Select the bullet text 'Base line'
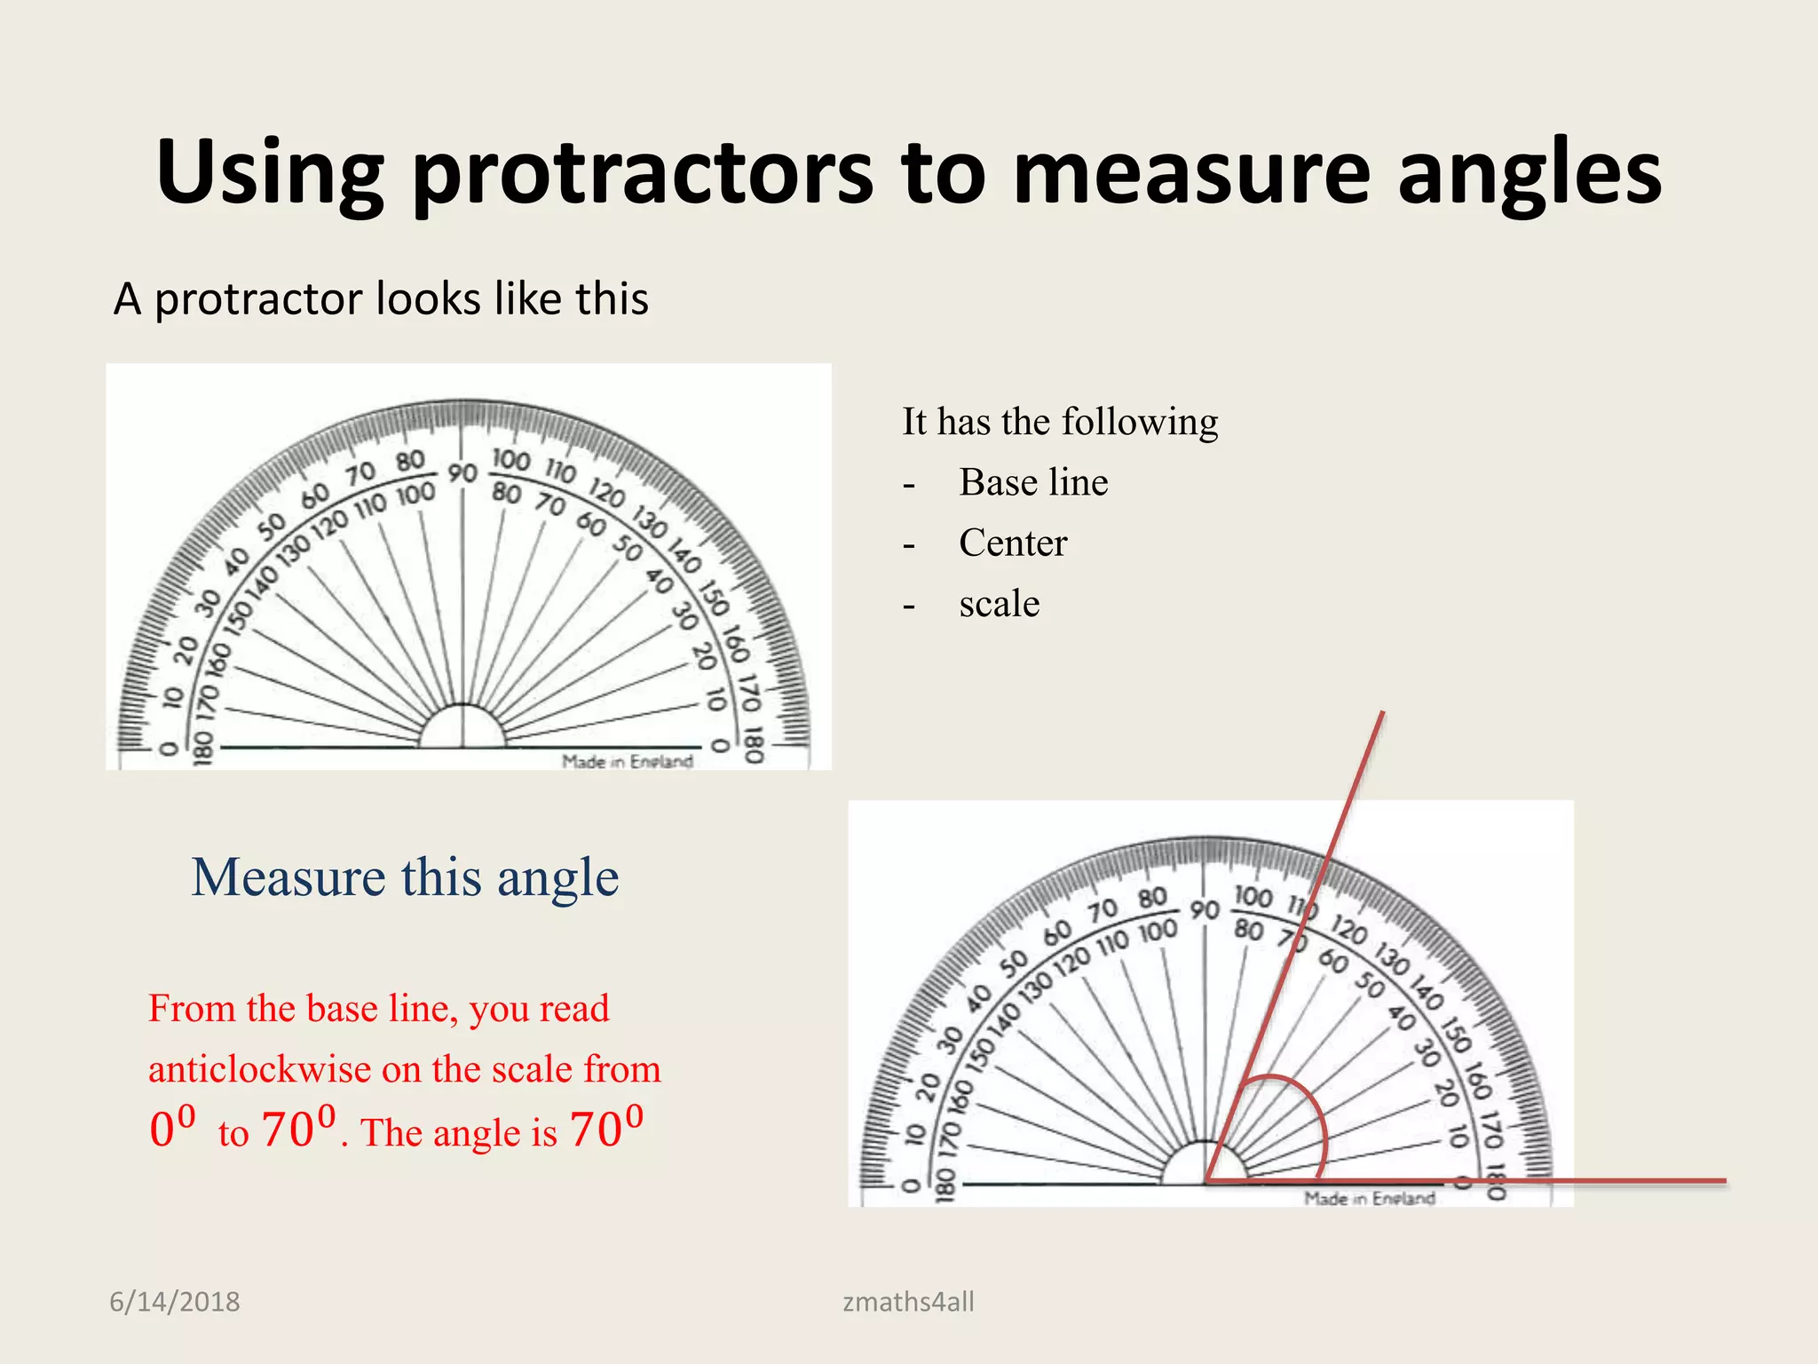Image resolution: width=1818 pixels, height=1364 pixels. pos(1033,482)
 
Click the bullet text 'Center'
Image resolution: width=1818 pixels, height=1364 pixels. pos(1013,543)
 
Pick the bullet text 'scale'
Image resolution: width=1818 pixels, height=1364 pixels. pos(999,604)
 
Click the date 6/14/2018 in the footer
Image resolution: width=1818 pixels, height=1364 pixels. pos(174,1302)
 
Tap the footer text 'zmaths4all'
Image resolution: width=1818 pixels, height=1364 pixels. pos(908,1302)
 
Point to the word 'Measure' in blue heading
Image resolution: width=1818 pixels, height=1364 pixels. pos(288,877)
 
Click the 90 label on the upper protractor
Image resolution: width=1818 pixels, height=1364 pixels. pos(462,473)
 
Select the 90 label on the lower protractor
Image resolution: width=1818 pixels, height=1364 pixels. pos(1205,910)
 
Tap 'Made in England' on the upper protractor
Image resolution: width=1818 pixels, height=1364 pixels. pos(627,761)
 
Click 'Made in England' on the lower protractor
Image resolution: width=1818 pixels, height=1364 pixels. pos(1369,1198)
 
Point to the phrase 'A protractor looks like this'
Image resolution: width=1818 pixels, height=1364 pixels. pos(381,298)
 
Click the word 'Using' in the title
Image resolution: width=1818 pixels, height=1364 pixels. pos(269,173)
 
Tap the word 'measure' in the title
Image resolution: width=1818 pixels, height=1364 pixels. pos(1191,173)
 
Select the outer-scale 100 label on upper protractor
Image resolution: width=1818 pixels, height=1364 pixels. pos(510,459)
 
